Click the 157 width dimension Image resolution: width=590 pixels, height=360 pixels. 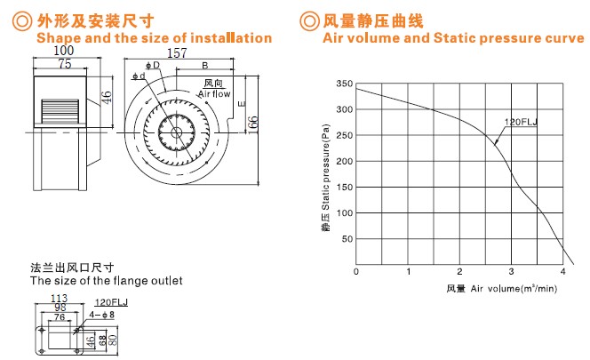coord(177,53)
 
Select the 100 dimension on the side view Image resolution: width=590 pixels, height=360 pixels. coord(64,51)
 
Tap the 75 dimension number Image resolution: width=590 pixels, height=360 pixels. coord(65,64)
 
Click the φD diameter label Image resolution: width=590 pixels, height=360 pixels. coord(153,65)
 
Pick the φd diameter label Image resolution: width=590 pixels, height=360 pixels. coord(139,76)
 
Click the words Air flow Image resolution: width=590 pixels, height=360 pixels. coord(214,93)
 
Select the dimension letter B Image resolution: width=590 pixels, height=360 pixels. coord(205,66)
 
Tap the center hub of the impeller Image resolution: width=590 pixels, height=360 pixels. coord(176,132)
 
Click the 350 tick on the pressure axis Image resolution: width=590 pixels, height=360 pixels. coord(345,84)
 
